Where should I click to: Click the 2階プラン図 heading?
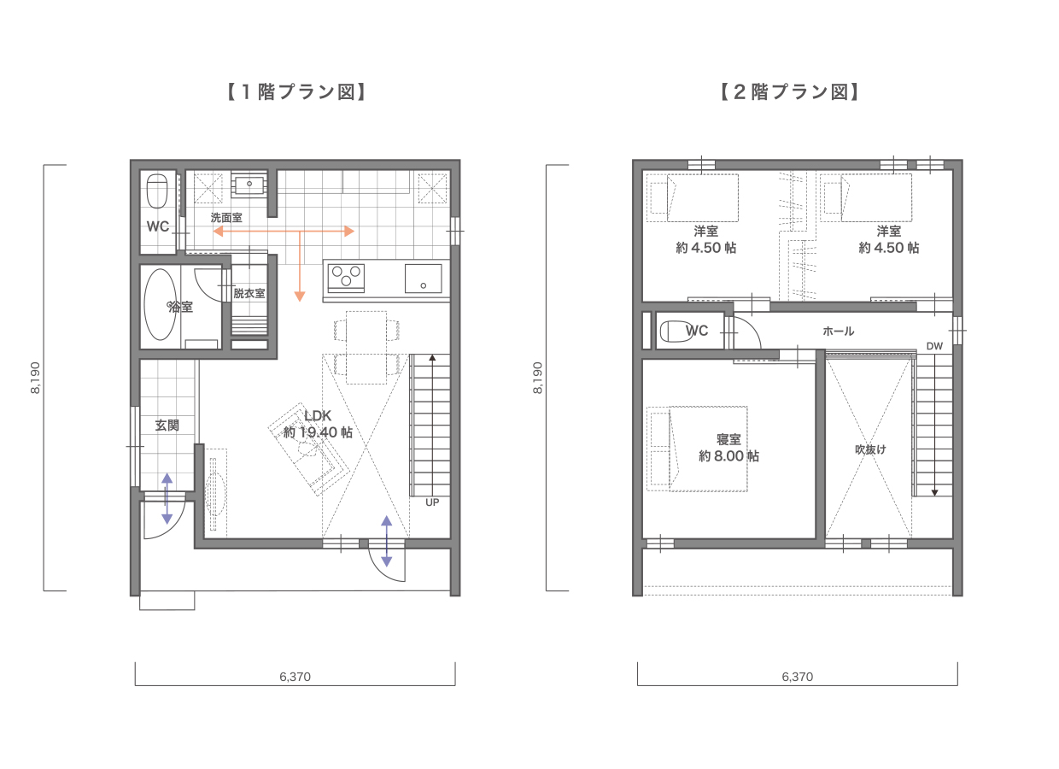point(787,92)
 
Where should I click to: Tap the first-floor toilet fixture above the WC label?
point(157,191)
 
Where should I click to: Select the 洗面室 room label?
point(226,218)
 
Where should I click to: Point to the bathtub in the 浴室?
point(160,305)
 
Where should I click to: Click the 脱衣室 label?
point(249,293)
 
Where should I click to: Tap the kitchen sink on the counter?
point(423,278)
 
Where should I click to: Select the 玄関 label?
point(167,425)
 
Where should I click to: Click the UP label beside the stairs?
point(432,502)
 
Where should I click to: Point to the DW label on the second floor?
point(934,346)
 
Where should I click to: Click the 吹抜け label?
point(870,449)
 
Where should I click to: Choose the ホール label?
point(838,331)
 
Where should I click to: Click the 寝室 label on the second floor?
point(728,439)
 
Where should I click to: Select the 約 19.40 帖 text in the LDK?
point(318,432)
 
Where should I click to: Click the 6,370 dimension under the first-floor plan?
point(295,677)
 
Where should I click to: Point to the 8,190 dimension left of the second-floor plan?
point(537,377)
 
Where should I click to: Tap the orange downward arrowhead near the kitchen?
point(300,296)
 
